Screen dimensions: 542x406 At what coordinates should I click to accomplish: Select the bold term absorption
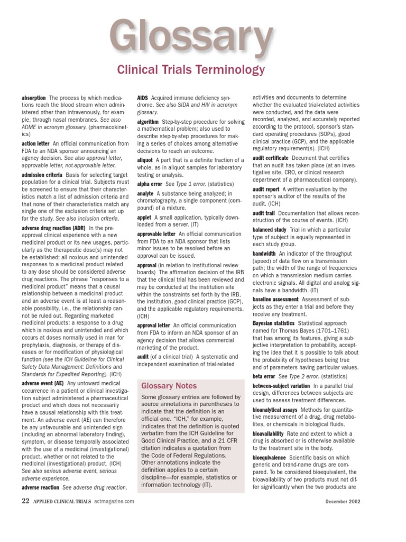pos(34,98)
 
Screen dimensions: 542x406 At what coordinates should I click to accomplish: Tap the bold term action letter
pos(35,143)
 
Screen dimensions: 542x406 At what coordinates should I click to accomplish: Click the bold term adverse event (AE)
pos(43,384)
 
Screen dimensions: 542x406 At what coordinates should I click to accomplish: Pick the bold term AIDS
pos(142,98)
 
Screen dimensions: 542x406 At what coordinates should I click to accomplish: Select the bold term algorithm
pos(147,122)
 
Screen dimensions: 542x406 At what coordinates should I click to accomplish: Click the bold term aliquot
pos(145,159)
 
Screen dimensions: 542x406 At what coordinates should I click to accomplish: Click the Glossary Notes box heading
pos(169,386)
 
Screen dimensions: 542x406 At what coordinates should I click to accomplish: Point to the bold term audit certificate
pos(271,158)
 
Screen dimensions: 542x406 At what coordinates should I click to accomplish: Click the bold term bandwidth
pos(264,254)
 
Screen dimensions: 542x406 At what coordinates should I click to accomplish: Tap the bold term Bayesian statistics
pos(274,323)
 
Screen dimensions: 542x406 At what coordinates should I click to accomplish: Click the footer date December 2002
pos(343,501)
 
